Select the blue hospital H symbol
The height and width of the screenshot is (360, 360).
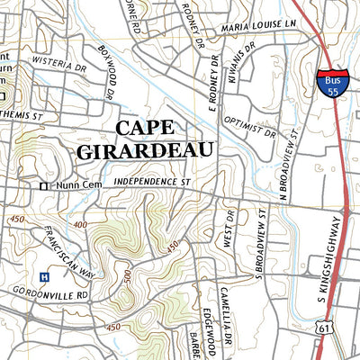[x=43, y=276]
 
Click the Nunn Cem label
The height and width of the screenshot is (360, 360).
[x=74, y=185]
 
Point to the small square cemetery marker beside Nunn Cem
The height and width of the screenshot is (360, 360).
[x=42, y=185]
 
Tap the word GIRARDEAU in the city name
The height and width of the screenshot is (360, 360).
[x=145, y=149]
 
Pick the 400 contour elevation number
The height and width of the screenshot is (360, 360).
[x=81, y=224]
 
